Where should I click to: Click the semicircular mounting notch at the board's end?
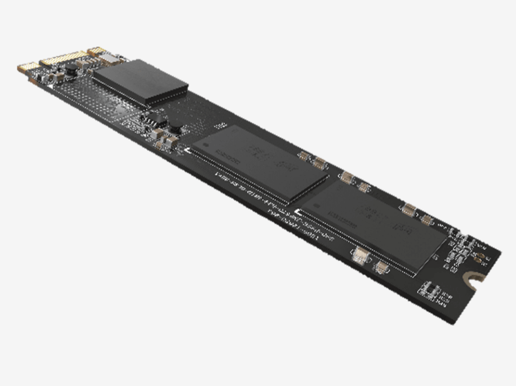coord(472,277)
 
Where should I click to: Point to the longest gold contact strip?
coord(62,58)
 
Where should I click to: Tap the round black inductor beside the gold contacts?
coord(72,70)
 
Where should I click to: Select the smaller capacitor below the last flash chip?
coord(382,266)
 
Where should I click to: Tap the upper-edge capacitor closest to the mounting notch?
coord(427,219)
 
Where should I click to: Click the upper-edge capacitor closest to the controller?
coord(305,156)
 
